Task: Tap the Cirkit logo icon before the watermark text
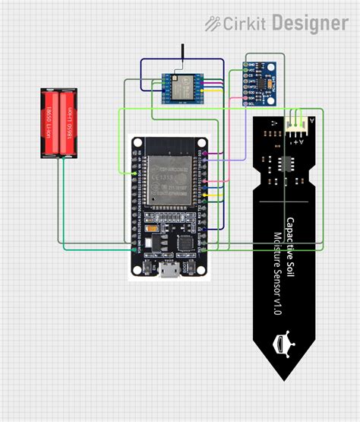(x=213, y=24)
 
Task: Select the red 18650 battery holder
(x=59, y=123)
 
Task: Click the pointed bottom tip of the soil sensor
(x=284, y=377)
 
